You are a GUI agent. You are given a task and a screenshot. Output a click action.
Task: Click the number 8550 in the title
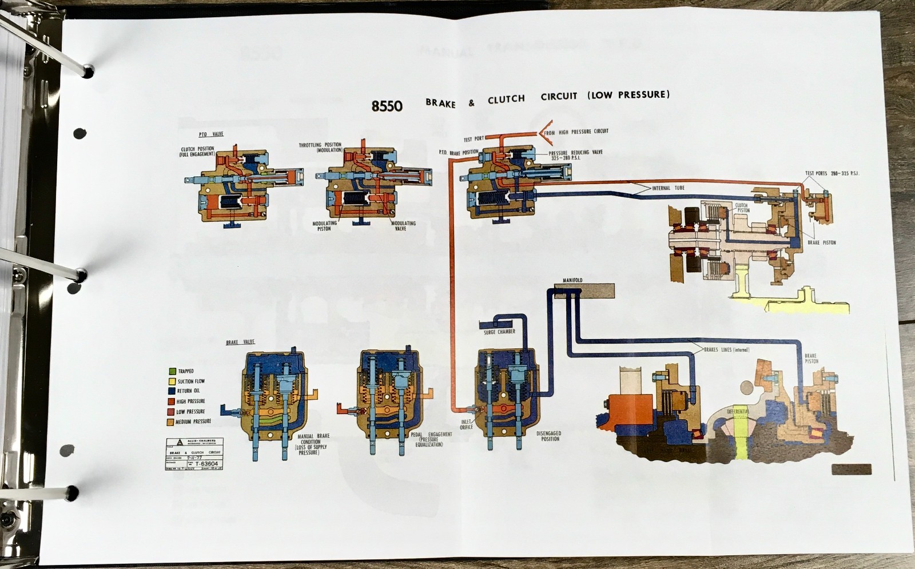387,106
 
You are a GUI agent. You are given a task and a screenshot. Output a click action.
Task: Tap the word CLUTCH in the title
506,100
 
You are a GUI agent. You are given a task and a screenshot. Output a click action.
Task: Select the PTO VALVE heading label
211,134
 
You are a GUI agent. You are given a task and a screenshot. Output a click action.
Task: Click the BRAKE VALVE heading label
240,342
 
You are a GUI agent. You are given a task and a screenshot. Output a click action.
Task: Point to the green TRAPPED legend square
172,371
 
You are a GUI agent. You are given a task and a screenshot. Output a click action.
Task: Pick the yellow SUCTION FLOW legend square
172,381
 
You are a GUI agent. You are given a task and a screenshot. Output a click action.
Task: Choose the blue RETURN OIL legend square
172,391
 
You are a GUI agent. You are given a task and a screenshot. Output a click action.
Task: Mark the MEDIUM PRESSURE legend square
170,422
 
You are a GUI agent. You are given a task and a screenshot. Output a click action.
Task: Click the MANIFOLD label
572,280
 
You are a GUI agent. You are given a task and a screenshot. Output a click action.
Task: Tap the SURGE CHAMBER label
499,332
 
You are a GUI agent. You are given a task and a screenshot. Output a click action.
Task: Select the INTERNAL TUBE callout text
668,188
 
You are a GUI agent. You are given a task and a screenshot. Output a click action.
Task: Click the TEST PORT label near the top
473,139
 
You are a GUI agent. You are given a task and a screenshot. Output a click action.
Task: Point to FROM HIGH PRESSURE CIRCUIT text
576,132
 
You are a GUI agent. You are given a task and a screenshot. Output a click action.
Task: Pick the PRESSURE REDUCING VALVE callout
575,155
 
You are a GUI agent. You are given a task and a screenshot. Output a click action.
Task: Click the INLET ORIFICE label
466,424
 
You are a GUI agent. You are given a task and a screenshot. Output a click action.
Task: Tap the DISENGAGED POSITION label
548,436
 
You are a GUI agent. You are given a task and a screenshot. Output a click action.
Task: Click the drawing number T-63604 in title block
206,464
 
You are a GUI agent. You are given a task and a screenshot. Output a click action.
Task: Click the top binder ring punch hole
88,71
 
